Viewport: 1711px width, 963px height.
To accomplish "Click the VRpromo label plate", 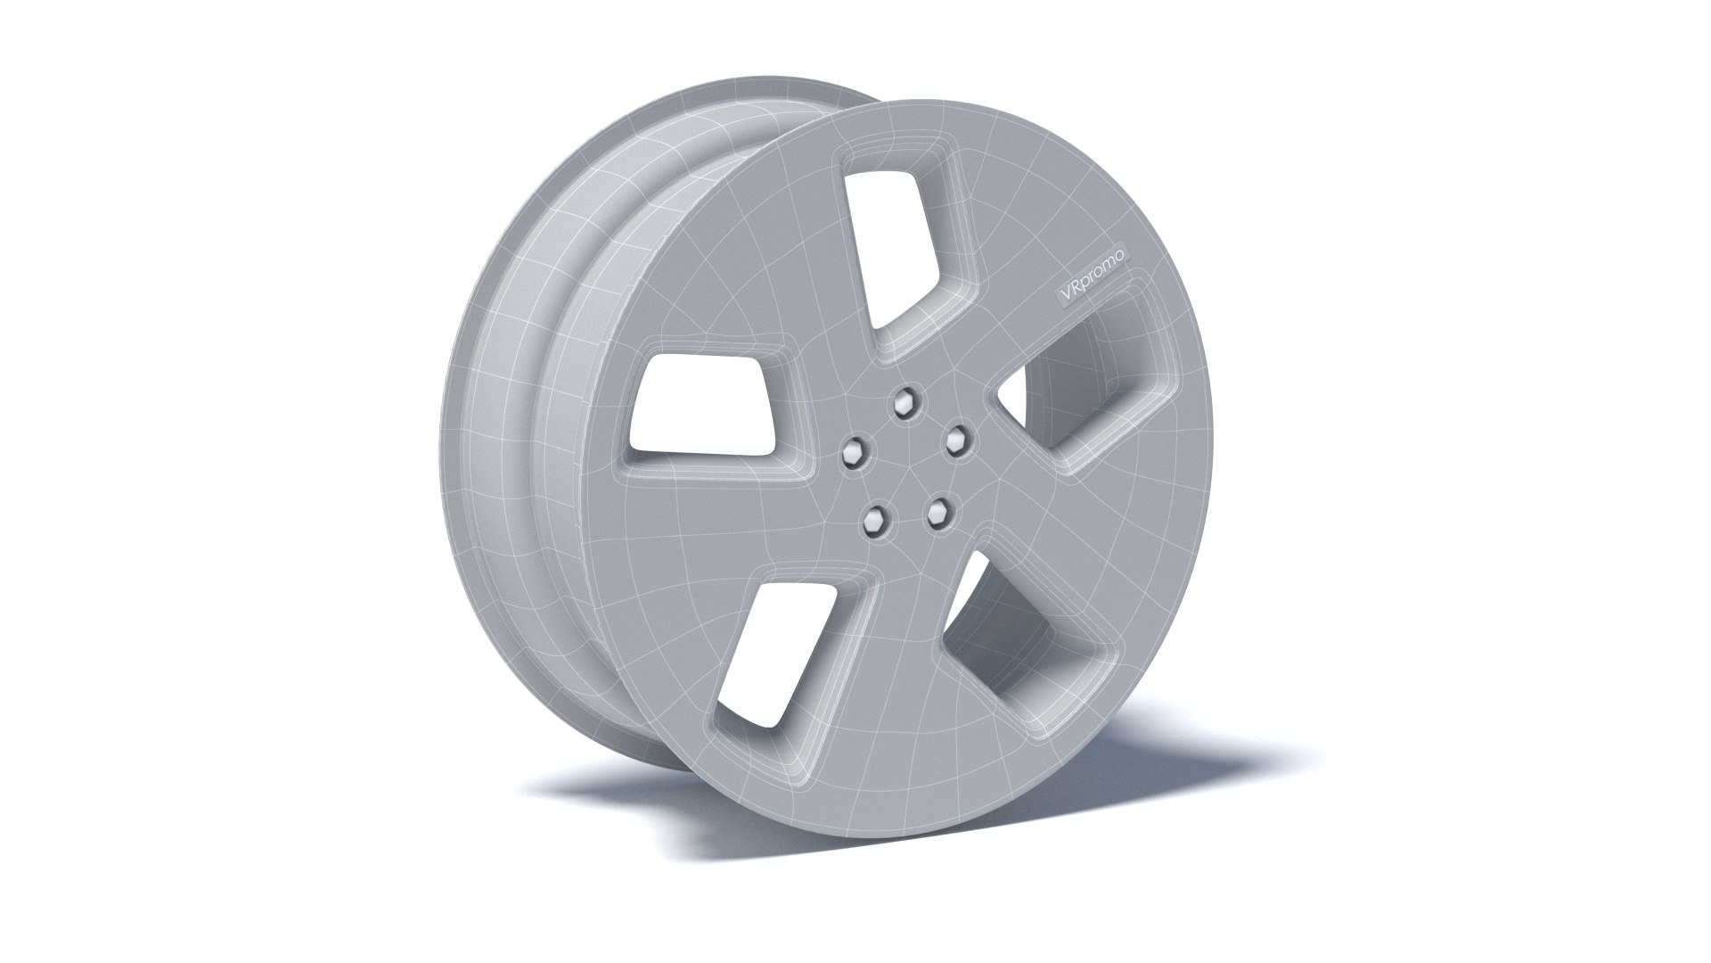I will click(x=1090, y=276).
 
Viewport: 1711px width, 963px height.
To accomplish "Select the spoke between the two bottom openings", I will click(x=900, y=678).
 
